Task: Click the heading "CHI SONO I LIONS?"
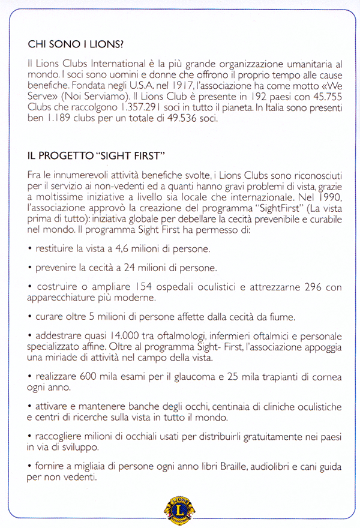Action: pyautogui.click(x=76, y=44)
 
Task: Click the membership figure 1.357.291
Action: pyautogui.click(x=123, y=107)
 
